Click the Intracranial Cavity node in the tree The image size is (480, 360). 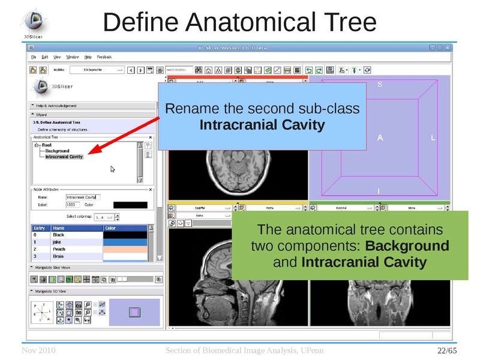tap(64, 157)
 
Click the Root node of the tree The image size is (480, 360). tap(47, 145)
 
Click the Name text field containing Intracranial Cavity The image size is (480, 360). tap(83, 197)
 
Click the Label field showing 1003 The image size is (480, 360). tap(72, 205)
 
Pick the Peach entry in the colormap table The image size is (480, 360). tap(59, 248)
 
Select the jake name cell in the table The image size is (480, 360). tap(58, 242)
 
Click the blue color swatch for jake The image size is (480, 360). tap(124, 242)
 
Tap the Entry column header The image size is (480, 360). tap(39, 228)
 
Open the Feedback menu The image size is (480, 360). tap(104, 57)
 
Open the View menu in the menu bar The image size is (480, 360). tap(57, 57)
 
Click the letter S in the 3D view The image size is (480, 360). tap(379, 85)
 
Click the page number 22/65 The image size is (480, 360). tap(446, 350)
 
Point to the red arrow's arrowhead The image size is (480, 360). tap(88, 154)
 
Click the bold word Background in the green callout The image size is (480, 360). tap(407, 246)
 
